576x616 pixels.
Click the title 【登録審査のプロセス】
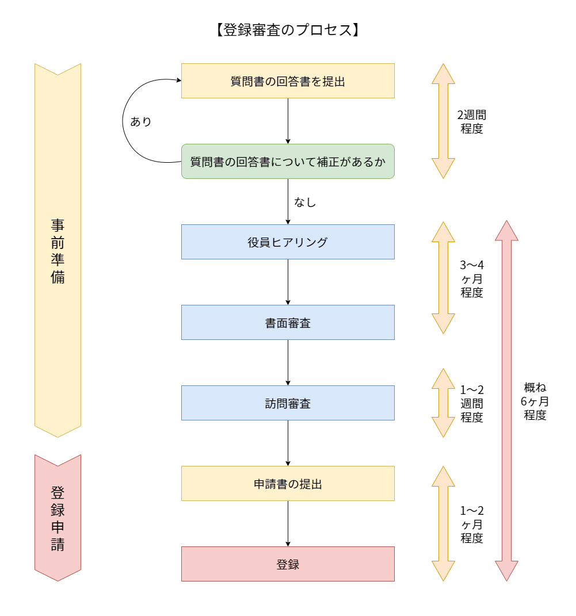288,30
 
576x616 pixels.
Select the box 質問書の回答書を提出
288,81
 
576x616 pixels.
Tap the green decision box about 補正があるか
288,162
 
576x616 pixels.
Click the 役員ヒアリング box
288,242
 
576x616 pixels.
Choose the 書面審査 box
288,323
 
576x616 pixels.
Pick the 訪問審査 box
288,403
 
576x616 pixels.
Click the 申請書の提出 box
288,484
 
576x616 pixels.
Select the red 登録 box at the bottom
288,564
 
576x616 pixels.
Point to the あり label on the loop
141,121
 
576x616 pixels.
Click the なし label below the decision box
305,202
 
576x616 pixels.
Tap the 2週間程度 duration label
471,121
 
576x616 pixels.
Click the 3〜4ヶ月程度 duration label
471,278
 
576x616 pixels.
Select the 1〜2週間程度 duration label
471,403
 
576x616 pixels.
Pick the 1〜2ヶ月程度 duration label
471,524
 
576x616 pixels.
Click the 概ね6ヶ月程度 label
535,401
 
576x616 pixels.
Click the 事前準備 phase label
58,251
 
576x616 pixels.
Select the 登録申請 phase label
58,518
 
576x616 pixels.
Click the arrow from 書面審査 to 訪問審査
288,362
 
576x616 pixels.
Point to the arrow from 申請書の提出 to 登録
288,523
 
